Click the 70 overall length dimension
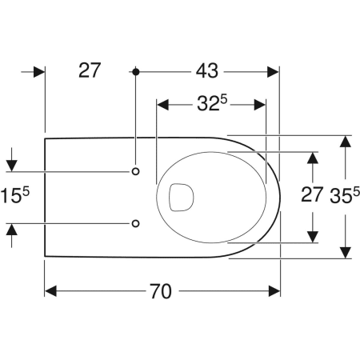161,291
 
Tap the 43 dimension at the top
207,71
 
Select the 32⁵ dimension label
212,103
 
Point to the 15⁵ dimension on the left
14,195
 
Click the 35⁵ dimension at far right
345,195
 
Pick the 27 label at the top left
90,70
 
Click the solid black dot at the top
136,72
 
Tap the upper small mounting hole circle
136,171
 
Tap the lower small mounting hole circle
136,223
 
